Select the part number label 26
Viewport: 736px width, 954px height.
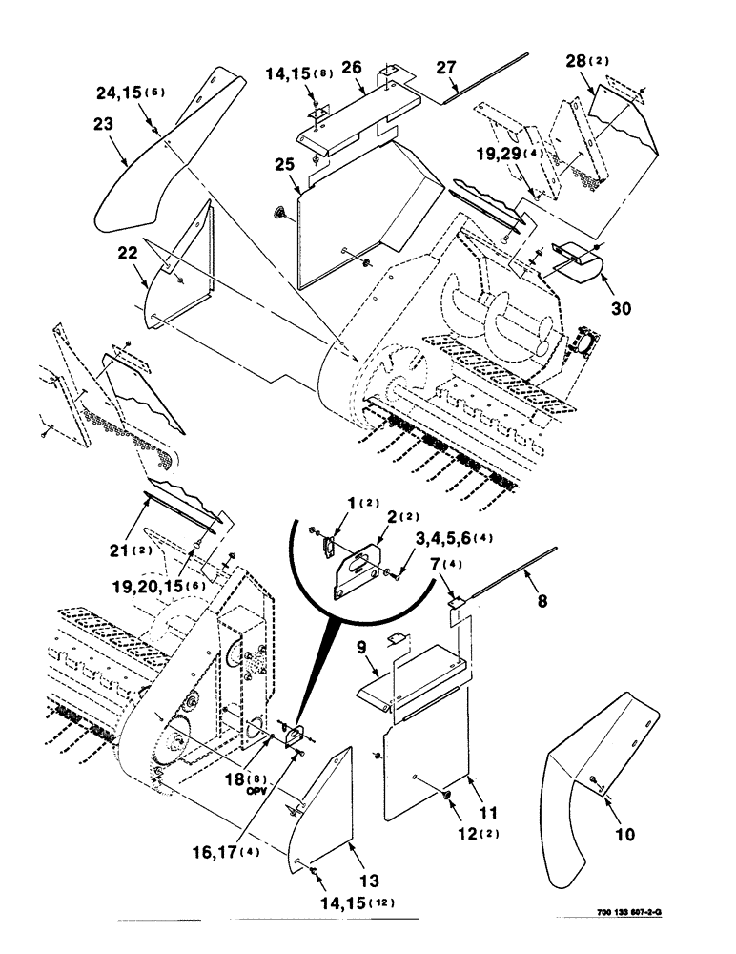(352, 67)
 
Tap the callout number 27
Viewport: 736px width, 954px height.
(447, 67)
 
